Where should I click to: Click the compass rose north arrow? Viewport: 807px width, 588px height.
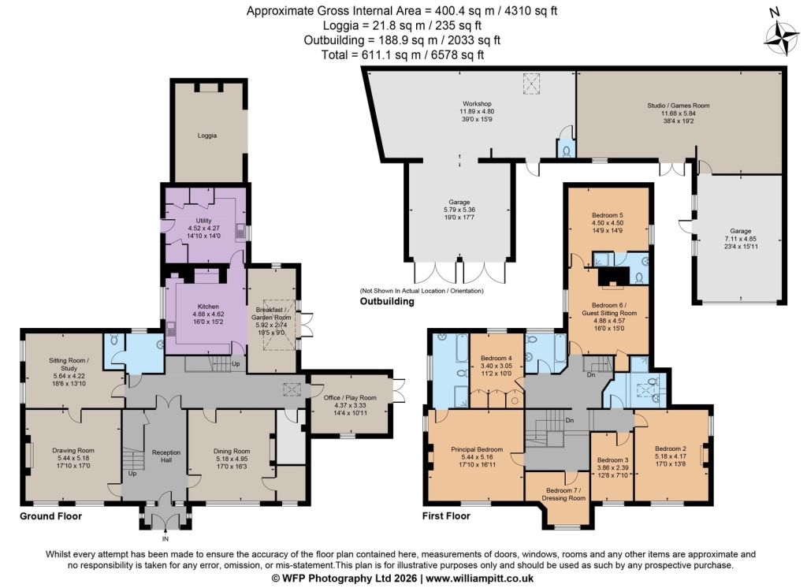pyautogui.click(x=782, y=37)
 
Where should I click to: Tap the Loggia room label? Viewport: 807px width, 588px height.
pyautogui.click(x=207, y=136)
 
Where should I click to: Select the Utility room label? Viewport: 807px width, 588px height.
pyautogui.click(x=204, y=221)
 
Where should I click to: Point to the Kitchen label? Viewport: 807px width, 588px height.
pyautogui.click(x=208, y=307)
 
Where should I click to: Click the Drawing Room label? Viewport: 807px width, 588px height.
pyautogui.click(x=73, y=451)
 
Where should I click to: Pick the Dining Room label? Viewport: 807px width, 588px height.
pyautogui.click(x=232, y=451)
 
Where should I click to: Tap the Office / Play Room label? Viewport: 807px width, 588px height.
pyautogui.click(x=350, y=397)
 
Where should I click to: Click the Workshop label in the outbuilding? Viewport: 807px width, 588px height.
pyautogui.click(x=477, y=103)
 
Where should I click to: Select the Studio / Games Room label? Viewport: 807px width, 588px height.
pyautogui.click(x=679, y=106)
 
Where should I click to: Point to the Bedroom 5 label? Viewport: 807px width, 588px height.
pyautogui.click(x=608, y=215)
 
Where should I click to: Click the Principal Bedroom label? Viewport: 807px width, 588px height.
pyautogui.click(x=477, y=449)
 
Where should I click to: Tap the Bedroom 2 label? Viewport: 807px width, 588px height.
pyautogui.click(x=671, y=448)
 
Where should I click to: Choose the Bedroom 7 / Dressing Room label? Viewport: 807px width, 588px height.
pyautogui.click(x=563, y=494)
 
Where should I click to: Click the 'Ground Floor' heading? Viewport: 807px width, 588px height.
pyautogui.click(x=51, y=516)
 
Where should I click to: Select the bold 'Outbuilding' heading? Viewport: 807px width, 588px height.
pyautogui.click(x=387, y=301)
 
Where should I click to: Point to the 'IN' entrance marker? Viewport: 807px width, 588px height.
pyautogui.click(x=165, y=539)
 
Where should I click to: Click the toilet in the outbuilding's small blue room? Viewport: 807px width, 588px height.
pyautogui.click(x=566, y=151)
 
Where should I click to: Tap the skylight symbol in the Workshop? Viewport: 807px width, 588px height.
pyautogui.click(x=532, y=84)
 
